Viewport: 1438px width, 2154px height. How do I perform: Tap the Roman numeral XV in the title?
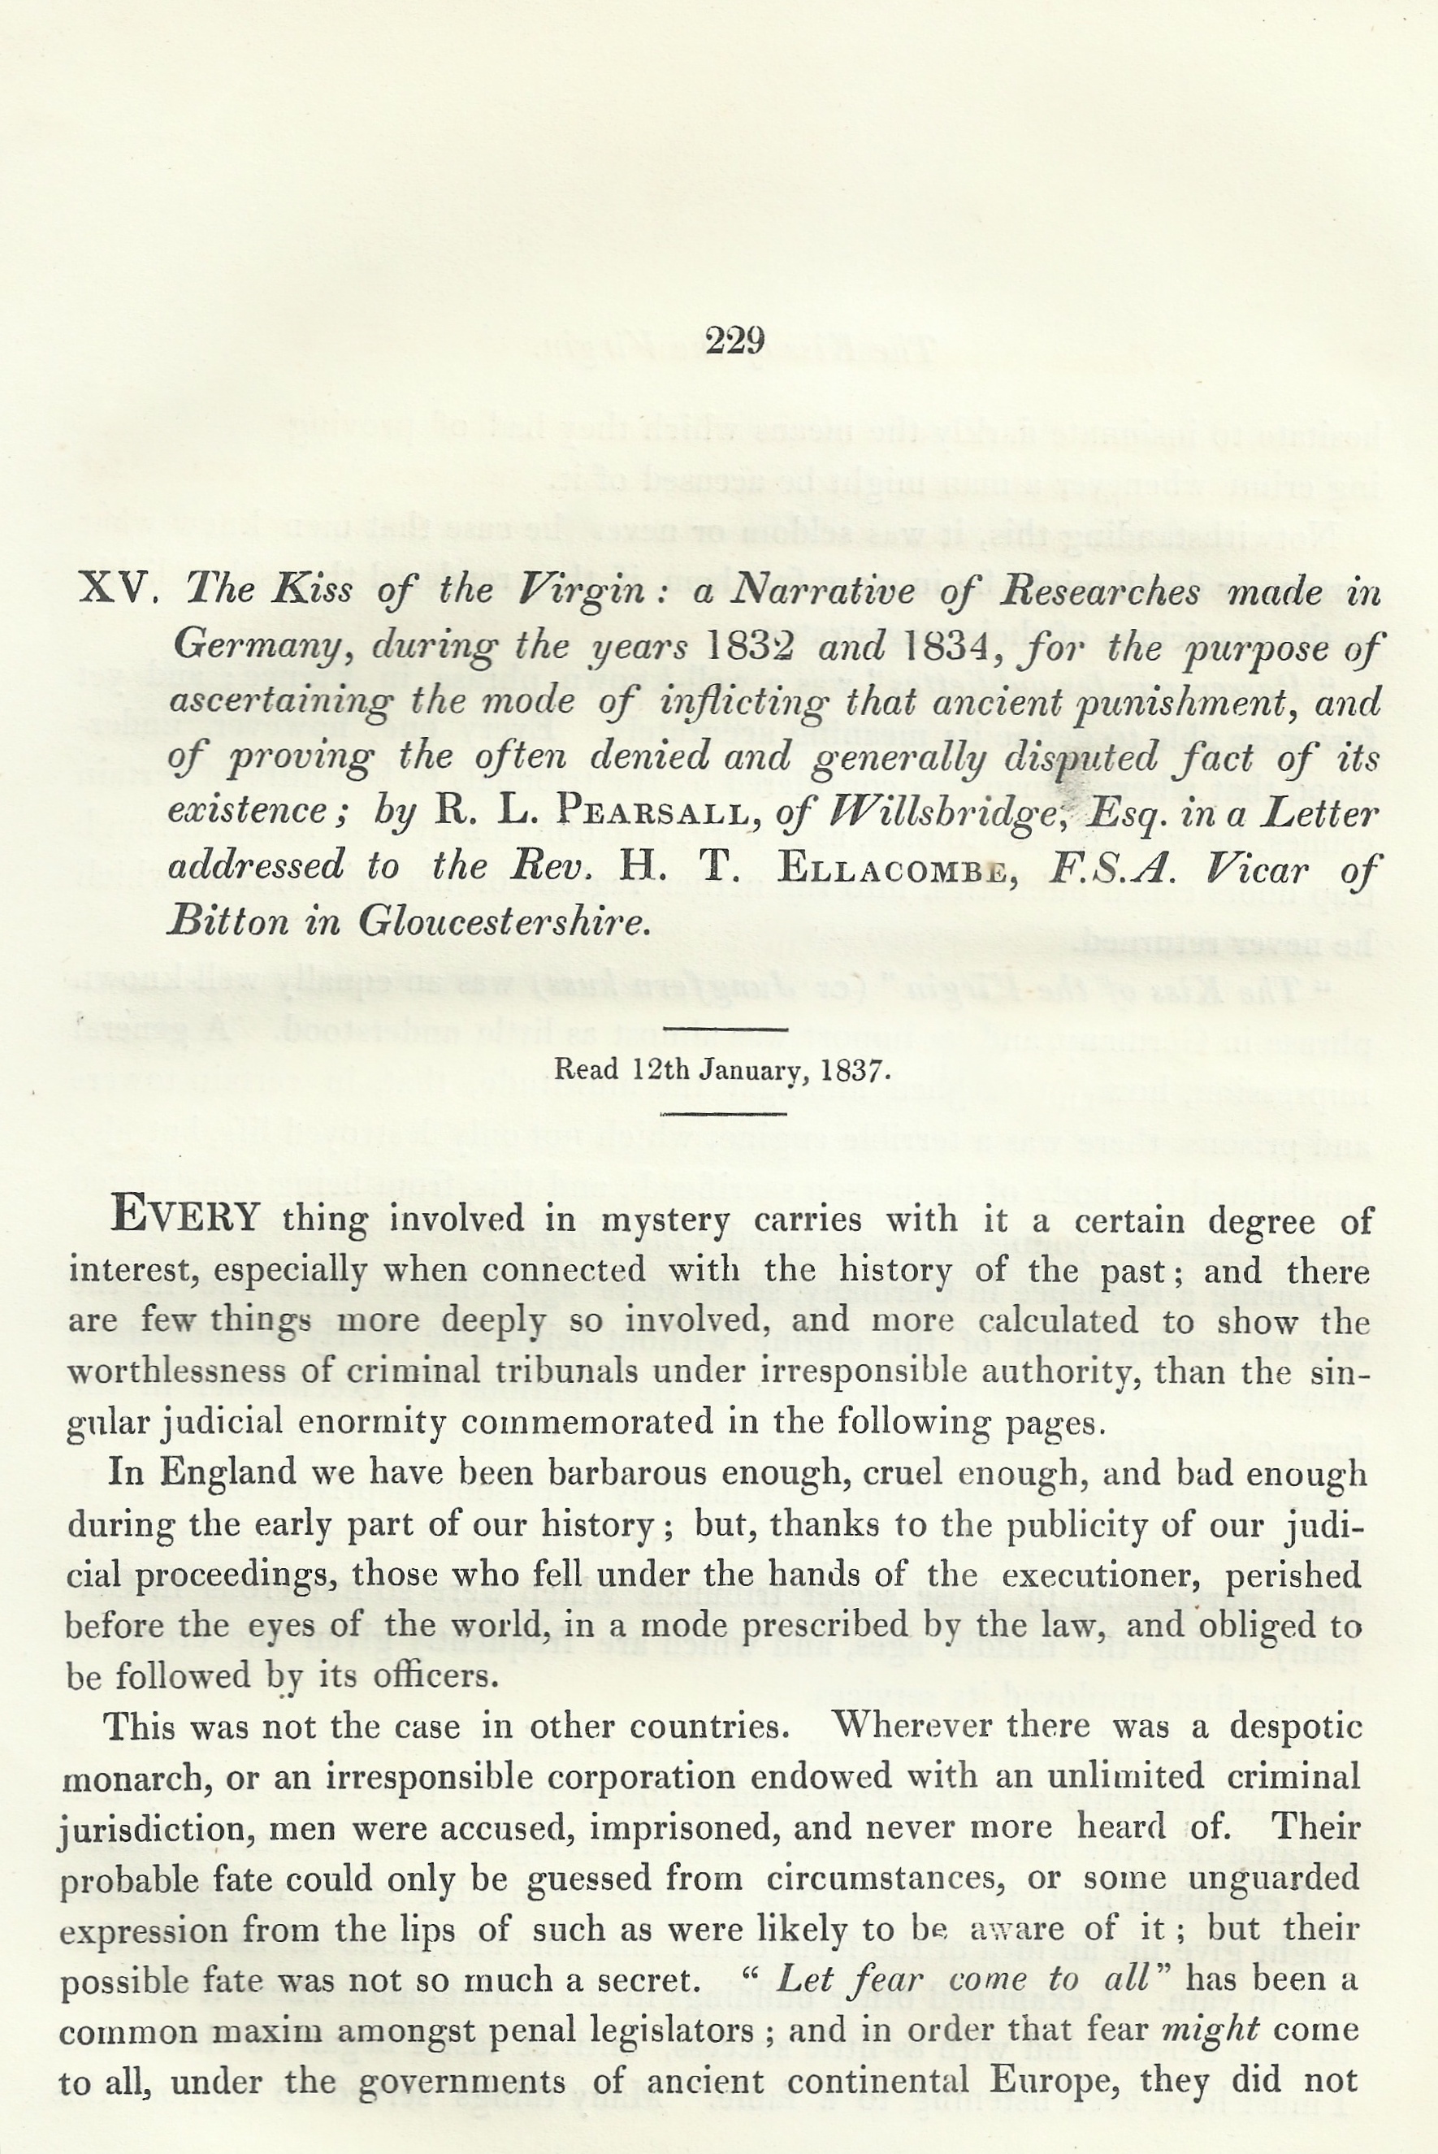(115, 587)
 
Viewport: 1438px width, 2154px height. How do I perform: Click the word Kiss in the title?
(312, 590)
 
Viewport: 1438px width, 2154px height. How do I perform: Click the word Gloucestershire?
(504, 921)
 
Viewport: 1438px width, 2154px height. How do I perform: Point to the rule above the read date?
(724, 1029)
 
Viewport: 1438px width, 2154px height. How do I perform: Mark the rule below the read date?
(724, 1114)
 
